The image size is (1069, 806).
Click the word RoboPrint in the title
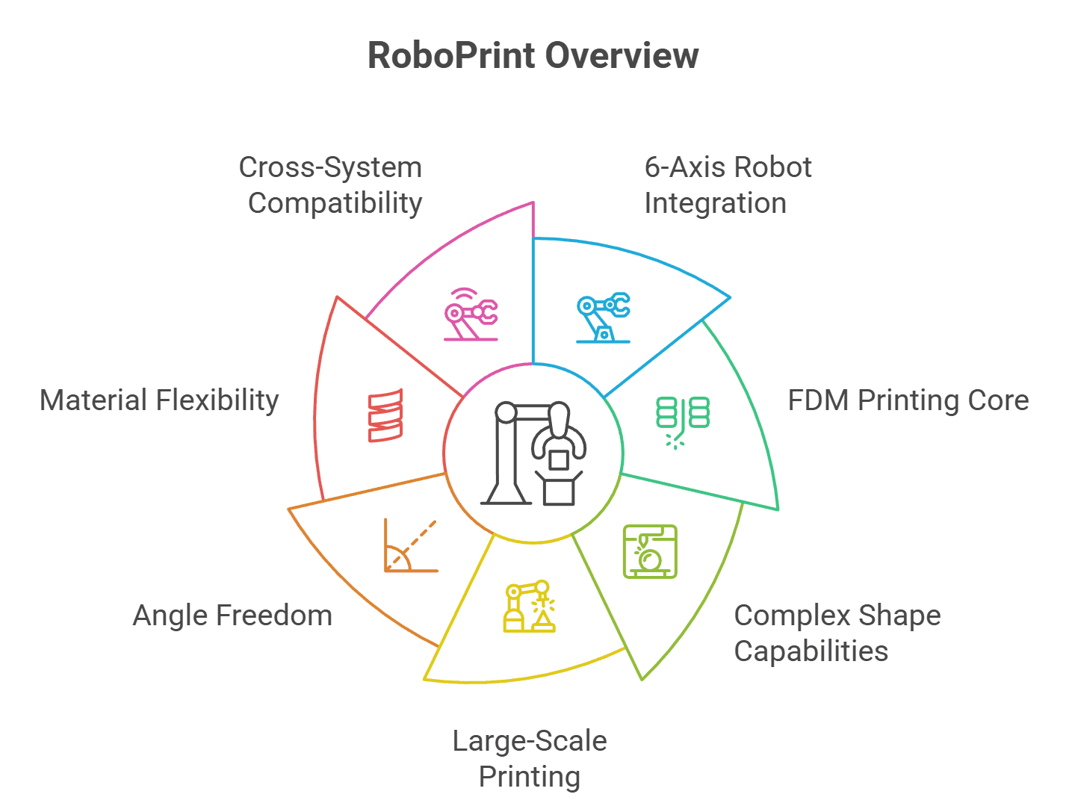pos(451,56)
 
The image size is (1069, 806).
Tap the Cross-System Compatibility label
pos(331,185)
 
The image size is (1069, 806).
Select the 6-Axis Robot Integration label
pos(727,185)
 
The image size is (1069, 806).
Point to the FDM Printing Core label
pos(908,400)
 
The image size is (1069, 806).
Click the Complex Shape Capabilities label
pos(837,633)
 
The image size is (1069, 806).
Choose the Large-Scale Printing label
pos(530,758)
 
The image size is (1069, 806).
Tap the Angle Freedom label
pos(232,616)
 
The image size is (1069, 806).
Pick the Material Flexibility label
pos(159,400)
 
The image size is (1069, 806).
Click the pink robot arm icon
pos(471,315)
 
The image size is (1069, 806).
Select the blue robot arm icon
pos(603,317)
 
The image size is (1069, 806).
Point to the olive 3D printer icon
pos(650,551)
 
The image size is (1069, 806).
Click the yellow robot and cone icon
pos(529,607)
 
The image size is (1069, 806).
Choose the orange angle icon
pos(409,547)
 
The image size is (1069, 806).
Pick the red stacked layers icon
pos(385,415)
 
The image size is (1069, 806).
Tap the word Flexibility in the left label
pos(217,400)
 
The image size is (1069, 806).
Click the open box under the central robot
pos(559,489)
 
